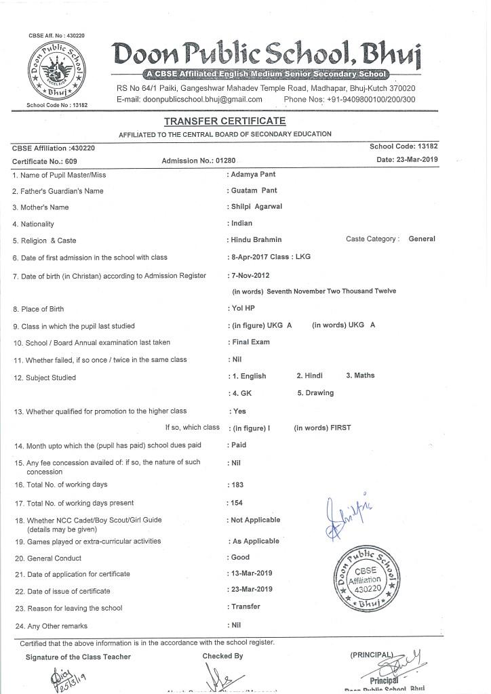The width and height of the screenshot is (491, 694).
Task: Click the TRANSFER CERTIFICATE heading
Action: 225,121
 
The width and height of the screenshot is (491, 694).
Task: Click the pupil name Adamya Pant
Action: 253,174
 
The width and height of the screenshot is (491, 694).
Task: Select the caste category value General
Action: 422,239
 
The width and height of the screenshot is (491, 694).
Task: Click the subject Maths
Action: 360,375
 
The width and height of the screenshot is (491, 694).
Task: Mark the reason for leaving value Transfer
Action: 245,607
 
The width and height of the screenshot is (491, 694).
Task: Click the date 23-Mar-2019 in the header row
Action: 407,159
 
